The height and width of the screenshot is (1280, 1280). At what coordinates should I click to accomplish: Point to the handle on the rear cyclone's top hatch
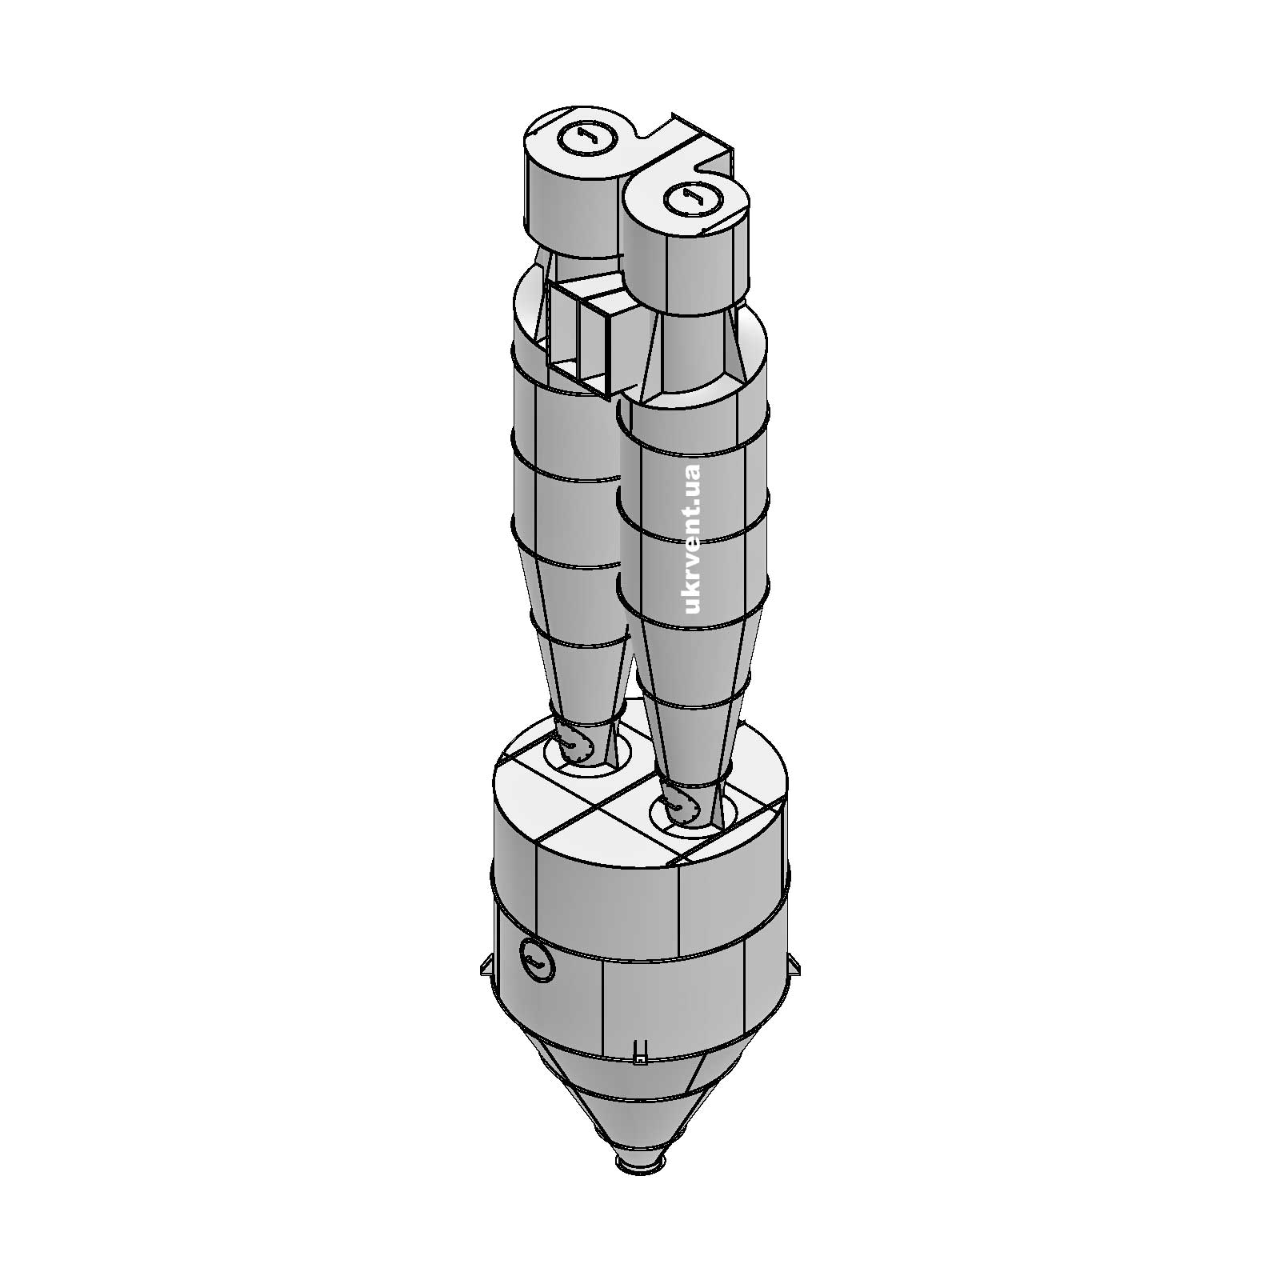(x=585, y=137)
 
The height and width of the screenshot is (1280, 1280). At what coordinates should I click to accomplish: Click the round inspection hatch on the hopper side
(x=536, y=956)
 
